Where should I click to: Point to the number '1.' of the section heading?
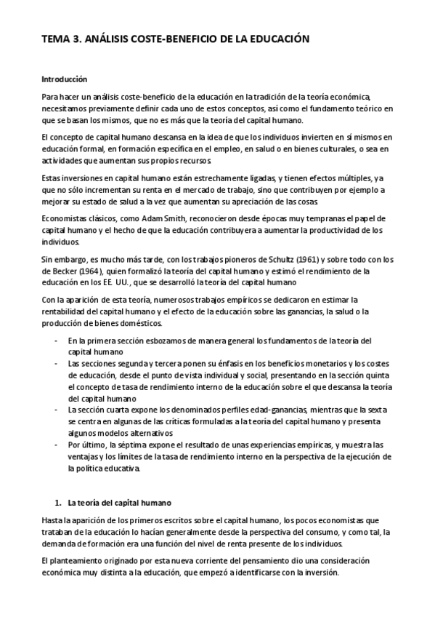tap(58, 503)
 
